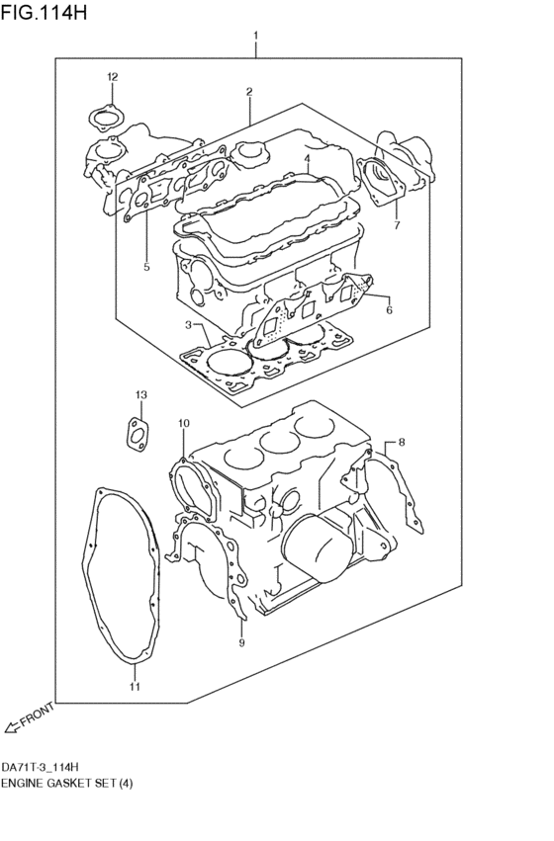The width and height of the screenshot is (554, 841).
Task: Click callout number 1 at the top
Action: tap(255, 37)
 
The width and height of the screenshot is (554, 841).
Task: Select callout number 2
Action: tap(249, 92)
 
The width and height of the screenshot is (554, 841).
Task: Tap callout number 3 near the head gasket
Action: tap(308, 158)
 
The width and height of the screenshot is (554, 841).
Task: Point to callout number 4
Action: tap(145, 266)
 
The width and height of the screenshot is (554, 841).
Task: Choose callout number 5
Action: tap(389, 309)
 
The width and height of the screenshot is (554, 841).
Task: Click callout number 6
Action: tap(396, 225)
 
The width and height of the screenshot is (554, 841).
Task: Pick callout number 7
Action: tap(401, 443)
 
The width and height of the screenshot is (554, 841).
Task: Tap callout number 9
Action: tap(183, 424)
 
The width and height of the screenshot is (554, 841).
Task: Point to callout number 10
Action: tap(135, 685)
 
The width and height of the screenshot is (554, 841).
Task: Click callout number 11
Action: tap(112, 77)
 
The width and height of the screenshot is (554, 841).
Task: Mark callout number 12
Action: tap(140, 395)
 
